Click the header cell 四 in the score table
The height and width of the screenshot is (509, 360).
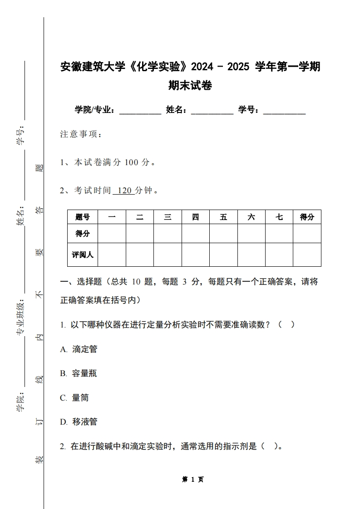195,217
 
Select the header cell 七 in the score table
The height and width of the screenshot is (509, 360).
279,217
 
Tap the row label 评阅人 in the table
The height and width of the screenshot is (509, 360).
83,255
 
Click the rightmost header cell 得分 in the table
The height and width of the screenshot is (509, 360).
307,217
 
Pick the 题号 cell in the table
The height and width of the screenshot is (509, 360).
83,217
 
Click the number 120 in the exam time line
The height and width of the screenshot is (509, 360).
124,191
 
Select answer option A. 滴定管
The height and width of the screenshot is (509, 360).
79,349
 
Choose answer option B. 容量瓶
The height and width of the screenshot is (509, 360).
79,373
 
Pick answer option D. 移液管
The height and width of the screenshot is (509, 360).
79,422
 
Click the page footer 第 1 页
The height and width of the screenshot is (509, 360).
193,480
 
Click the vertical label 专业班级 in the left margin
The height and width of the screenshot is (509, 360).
20,318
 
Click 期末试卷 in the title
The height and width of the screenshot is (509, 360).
190,85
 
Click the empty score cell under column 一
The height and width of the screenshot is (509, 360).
112,234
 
